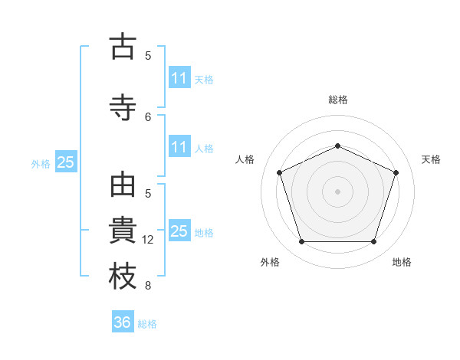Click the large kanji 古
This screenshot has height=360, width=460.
123,46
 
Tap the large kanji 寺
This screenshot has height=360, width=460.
123,107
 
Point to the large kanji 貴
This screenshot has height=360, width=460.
123,230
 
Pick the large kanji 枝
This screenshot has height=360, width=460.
123,276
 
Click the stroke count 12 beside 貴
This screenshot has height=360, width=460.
147,240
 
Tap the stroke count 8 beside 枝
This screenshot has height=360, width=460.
148,286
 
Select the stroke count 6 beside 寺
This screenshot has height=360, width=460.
148,117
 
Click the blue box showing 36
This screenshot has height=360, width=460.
123,321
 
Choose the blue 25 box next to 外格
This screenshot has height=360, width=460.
66,162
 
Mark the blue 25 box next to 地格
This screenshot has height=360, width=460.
179,230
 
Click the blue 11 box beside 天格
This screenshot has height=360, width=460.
179,77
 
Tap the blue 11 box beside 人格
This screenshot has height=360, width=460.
179,146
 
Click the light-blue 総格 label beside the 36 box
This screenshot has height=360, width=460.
147,324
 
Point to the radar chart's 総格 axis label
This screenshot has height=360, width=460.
338,100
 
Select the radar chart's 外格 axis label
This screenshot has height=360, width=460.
270,262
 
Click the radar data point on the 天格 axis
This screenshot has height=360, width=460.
396,172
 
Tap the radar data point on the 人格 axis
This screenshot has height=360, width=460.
280,172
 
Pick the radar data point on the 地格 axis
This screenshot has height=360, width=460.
373,241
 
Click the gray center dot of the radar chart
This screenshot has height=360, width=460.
337,191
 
